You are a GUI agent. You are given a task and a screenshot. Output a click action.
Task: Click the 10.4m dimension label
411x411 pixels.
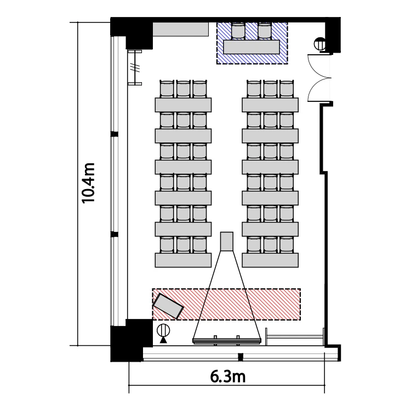click(x=88, y=183)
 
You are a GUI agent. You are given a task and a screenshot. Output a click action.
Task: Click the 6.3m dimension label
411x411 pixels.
click(x=228, y=376)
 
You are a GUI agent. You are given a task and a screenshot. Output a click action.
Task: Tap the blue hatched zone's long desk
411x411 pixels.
click(x=252, y=47)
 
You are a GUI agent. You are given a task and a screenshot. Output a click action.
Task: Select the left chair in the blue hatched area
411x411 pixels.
click(x=238, y=31)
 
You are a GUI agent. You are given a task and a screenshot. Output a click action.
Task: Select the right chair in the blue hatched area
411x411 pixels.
click(x=264, y=31)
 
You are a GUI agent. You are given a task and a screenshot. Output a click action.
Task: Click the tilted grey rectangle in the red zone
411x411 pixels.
click(x=168, y=306)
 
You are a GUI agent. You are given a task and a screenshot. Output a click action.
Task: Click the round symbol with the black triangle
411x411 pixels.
click(x=163, y=333)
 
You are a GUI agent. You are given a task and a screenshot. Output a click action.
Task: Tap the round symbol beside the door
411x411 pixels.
click(x=320, y=44)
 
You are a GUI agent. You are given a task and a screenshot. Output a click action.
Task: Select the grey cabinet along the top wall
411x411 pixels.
click(x=181, y=30)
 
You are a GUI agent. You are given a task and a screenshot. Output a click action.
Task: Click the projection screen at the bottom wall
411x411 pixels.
click(x=227, y=340)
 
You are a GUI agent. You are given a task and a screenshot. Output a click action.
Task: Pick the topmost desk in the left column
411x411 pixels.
click(x=183, y=105)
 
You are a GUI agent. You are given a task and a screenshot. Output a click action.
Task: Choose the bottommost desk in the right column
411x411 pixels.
click(x=270, y=260)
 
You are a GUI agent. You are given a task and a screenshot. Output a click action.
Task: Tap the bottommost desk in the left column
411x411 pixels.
click(x=183, y=260)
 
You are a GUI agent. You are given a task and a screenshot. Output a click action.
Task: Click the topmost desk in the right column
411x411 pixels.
click(x=270, y=105)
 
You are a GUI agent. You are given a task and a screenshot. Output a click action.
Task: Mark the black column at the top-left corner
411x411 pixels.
click(x=131, y=33)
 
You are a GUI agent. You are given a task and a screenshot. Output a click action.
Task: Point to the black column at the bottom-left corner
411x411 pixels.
click(x=131, y=340)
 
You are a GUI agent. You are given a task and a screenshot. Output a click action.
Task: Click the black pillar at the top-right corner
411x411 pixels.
click(x=333, y=35)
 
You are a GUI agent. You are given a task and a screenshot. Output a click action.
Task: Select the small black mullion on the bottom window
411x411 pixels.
click(x=241, y=357)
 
